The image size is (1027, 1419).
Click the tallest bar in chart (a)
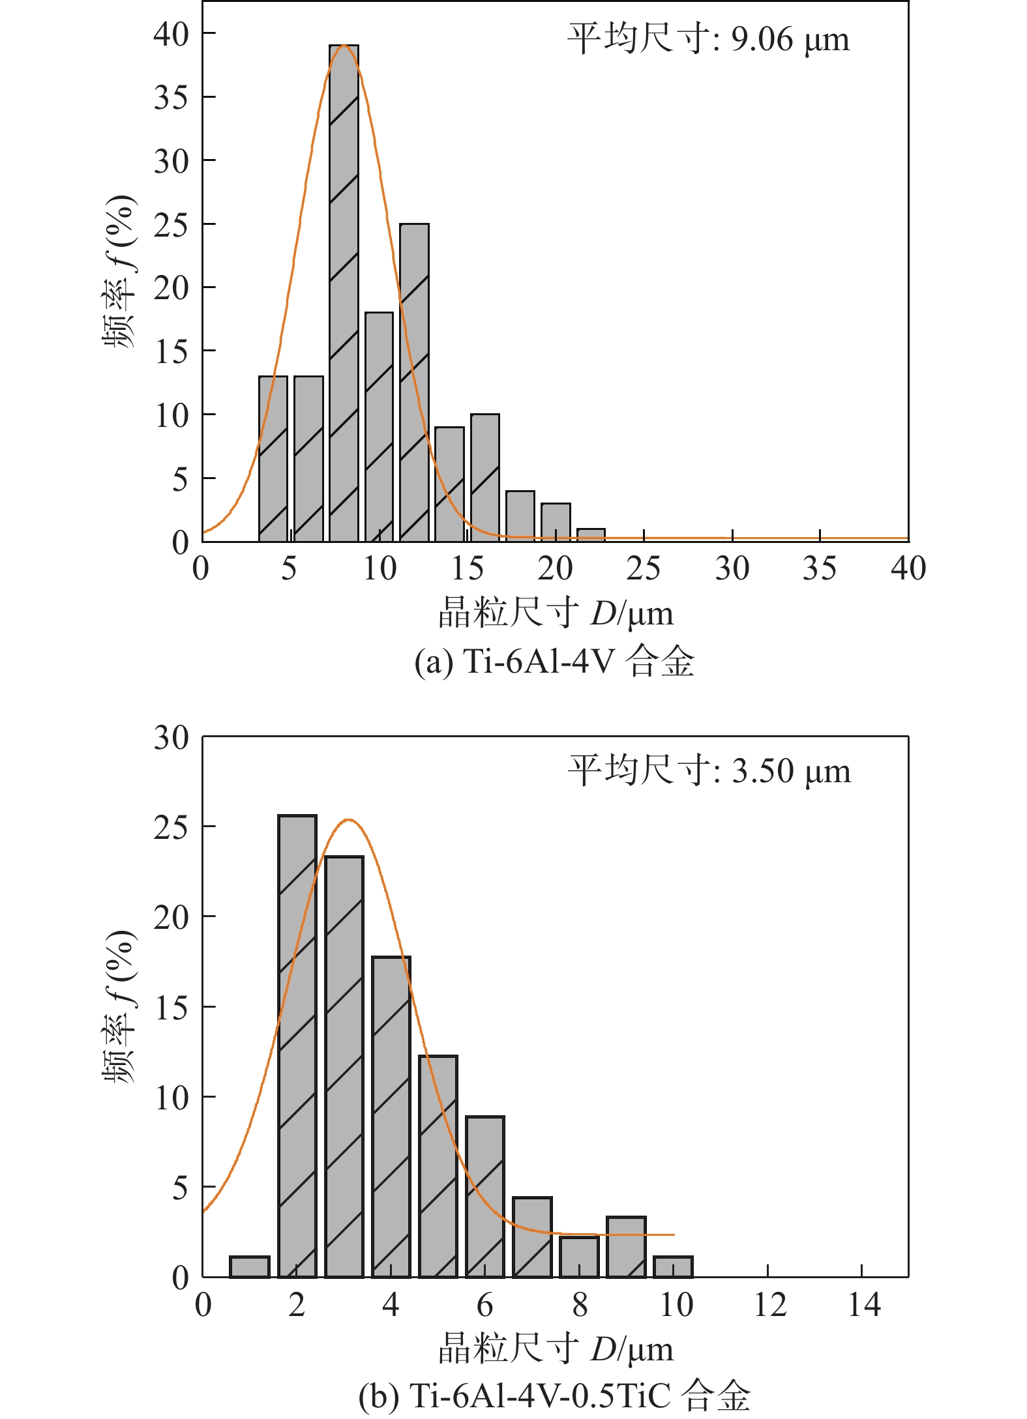344,293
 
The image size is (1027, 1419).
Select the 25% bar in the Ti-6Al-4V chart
414,382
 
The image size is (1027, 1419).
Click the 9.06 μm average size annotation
708,39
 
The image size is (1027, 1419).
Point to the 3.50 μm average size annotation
709,770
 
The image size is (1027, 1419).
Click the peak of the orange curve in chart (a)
344,46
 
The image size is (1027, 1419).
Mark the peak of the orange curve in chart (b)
349,819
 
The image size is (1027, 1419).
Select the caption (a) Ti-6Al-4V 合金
554,662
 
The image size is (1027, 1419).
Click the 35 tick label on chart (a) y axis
171,97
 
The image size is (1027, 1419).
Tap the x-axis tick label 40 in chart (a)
908,568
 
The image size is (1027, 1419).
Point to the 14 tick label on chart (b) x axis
863,1305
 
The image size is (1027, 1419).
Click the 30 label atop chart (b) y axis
171,738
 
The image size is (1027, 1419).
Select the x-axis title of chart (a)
556,613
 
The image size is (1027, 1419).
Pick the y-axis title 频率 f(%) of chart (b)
120,1006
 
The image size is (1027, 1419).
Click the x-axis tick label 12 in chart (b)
769,1305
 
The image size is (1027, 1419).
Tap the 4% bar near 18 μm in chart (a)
520,516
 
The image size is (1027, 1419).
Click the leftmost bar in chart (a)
273,458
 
